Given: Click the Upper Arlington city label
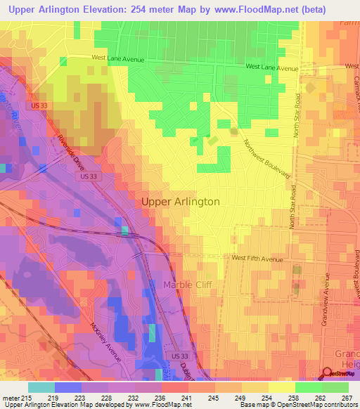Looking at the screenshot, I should point(181,202).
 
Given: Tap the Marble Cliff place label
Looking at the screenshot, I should point(188,285).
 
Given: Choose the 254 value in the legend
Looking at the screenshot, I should point(266,397).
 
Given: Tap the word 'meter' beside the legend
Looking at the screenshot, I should point(8,397).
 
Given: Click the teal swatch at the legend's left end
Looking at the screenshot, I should point(41,387).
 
